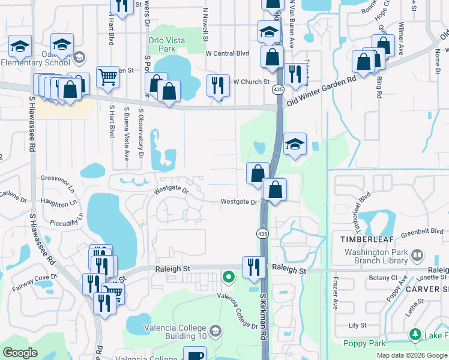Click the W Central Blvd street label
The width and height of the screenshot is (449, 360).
pos(227,53)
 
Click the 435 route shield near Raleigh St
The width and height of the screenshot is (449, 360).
pos(262,233)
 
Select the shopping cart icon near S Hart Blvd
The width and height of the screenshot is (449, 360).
pos(107,76)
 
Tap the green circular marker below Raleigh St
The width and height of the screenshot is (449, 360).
pos(228,277)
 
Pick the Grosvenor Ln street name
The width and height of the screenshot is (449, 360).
pos(59,178)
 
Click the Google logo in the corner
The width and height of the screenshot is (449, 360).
pos(21,353)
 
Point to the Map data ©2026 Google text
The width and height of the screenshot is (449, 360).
pos(412,355)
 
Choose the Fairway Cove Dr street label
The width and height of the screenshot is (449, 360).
pos(34,283)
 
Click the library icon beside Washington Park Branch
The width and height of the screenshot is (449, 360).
pos(416,257)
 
